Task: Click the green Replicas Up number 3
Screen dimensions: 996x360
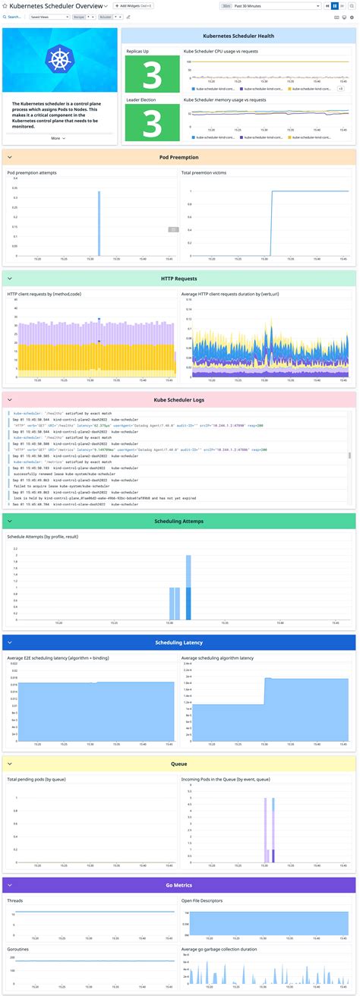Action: (x=152, y=76)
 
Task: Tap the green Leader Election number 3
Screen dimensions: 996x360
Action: (x=152, y=122)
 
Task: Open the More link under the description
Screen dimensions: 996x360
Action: (x=58, y=138)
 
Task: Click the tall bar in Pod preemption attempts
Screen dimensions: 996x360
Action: (x=98, y=223)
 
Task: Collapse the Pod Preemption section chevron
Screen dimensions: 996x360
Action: (x=8, y=157)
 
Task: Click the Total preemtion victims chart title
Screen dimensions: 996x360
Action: (x=204, y=173)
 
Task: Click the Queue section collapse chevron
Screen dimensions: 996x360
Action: (x=8, y=764)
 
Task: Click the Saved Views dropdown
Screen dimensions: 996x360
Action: (x=36, y=16)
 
